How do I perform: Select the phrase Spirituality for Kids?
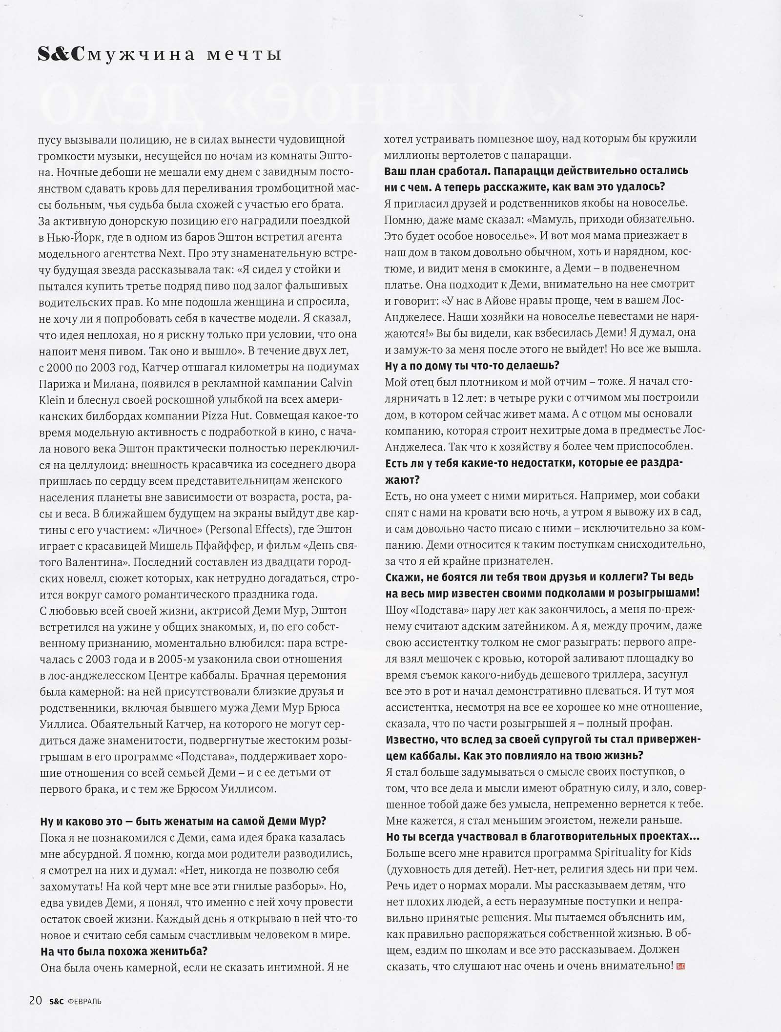(x=642, y=852)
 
